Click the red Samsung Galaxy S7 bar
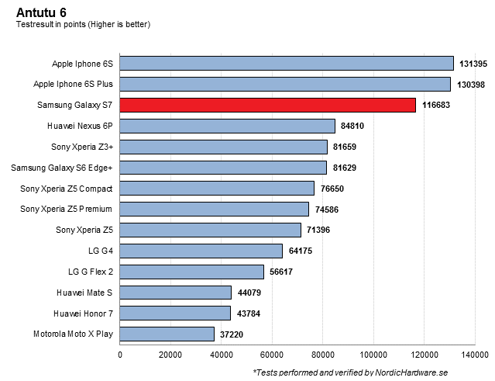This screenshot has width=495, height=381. click(267, 105)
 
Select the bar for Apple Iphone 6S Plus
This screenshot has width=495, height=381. click(285, 84)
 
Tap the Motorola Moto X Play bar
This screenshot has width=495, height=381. click(167, 334)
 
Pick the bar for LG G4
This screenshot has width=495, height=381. click(201, 251)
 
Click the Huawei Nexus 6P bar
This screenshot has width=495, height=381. click(227, 126)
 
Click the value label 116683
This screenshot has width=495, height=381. click(436, 105)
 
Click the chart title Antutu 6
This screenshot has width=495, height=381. click(41, 11)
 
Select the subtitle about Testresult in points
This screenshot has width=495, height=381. click(83, 24)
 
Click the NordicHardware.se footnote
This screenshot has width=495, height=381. click(351, 372)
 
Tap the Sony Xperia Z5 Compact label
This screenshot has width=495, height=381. click(67, 188)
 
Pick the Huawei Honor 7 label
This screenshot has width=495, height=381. click(84, 313)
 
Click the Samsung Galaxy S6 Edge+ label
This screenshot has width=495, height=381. click(62, 167)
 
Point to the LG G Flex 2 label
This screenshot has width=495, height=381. click(91, 272)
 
